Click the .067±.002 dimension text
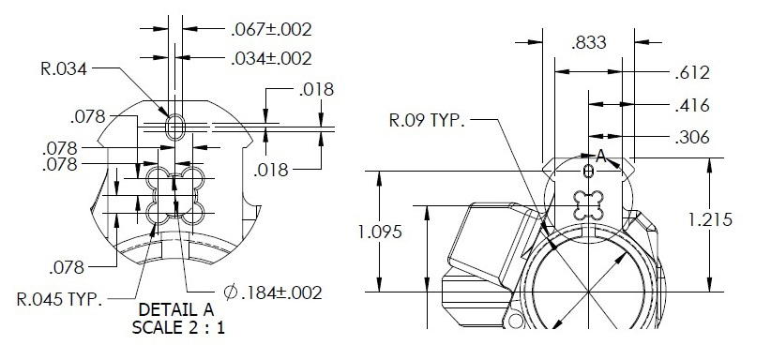tap(271, 29)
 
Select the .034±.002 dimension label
tap(271, 58)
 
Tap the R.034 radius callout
tap(64, 68)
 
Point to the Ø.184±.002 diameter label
tap(273, 292)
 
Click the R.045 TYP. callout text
tap(59, 299)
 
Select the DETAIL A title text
tap(176, 309)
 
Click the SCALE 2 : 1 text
tap(178, 327)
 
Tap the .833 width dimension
tap(589, 43)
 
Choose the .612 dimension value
tap(692, 73)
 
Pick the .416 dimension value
tap(692, 105)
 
